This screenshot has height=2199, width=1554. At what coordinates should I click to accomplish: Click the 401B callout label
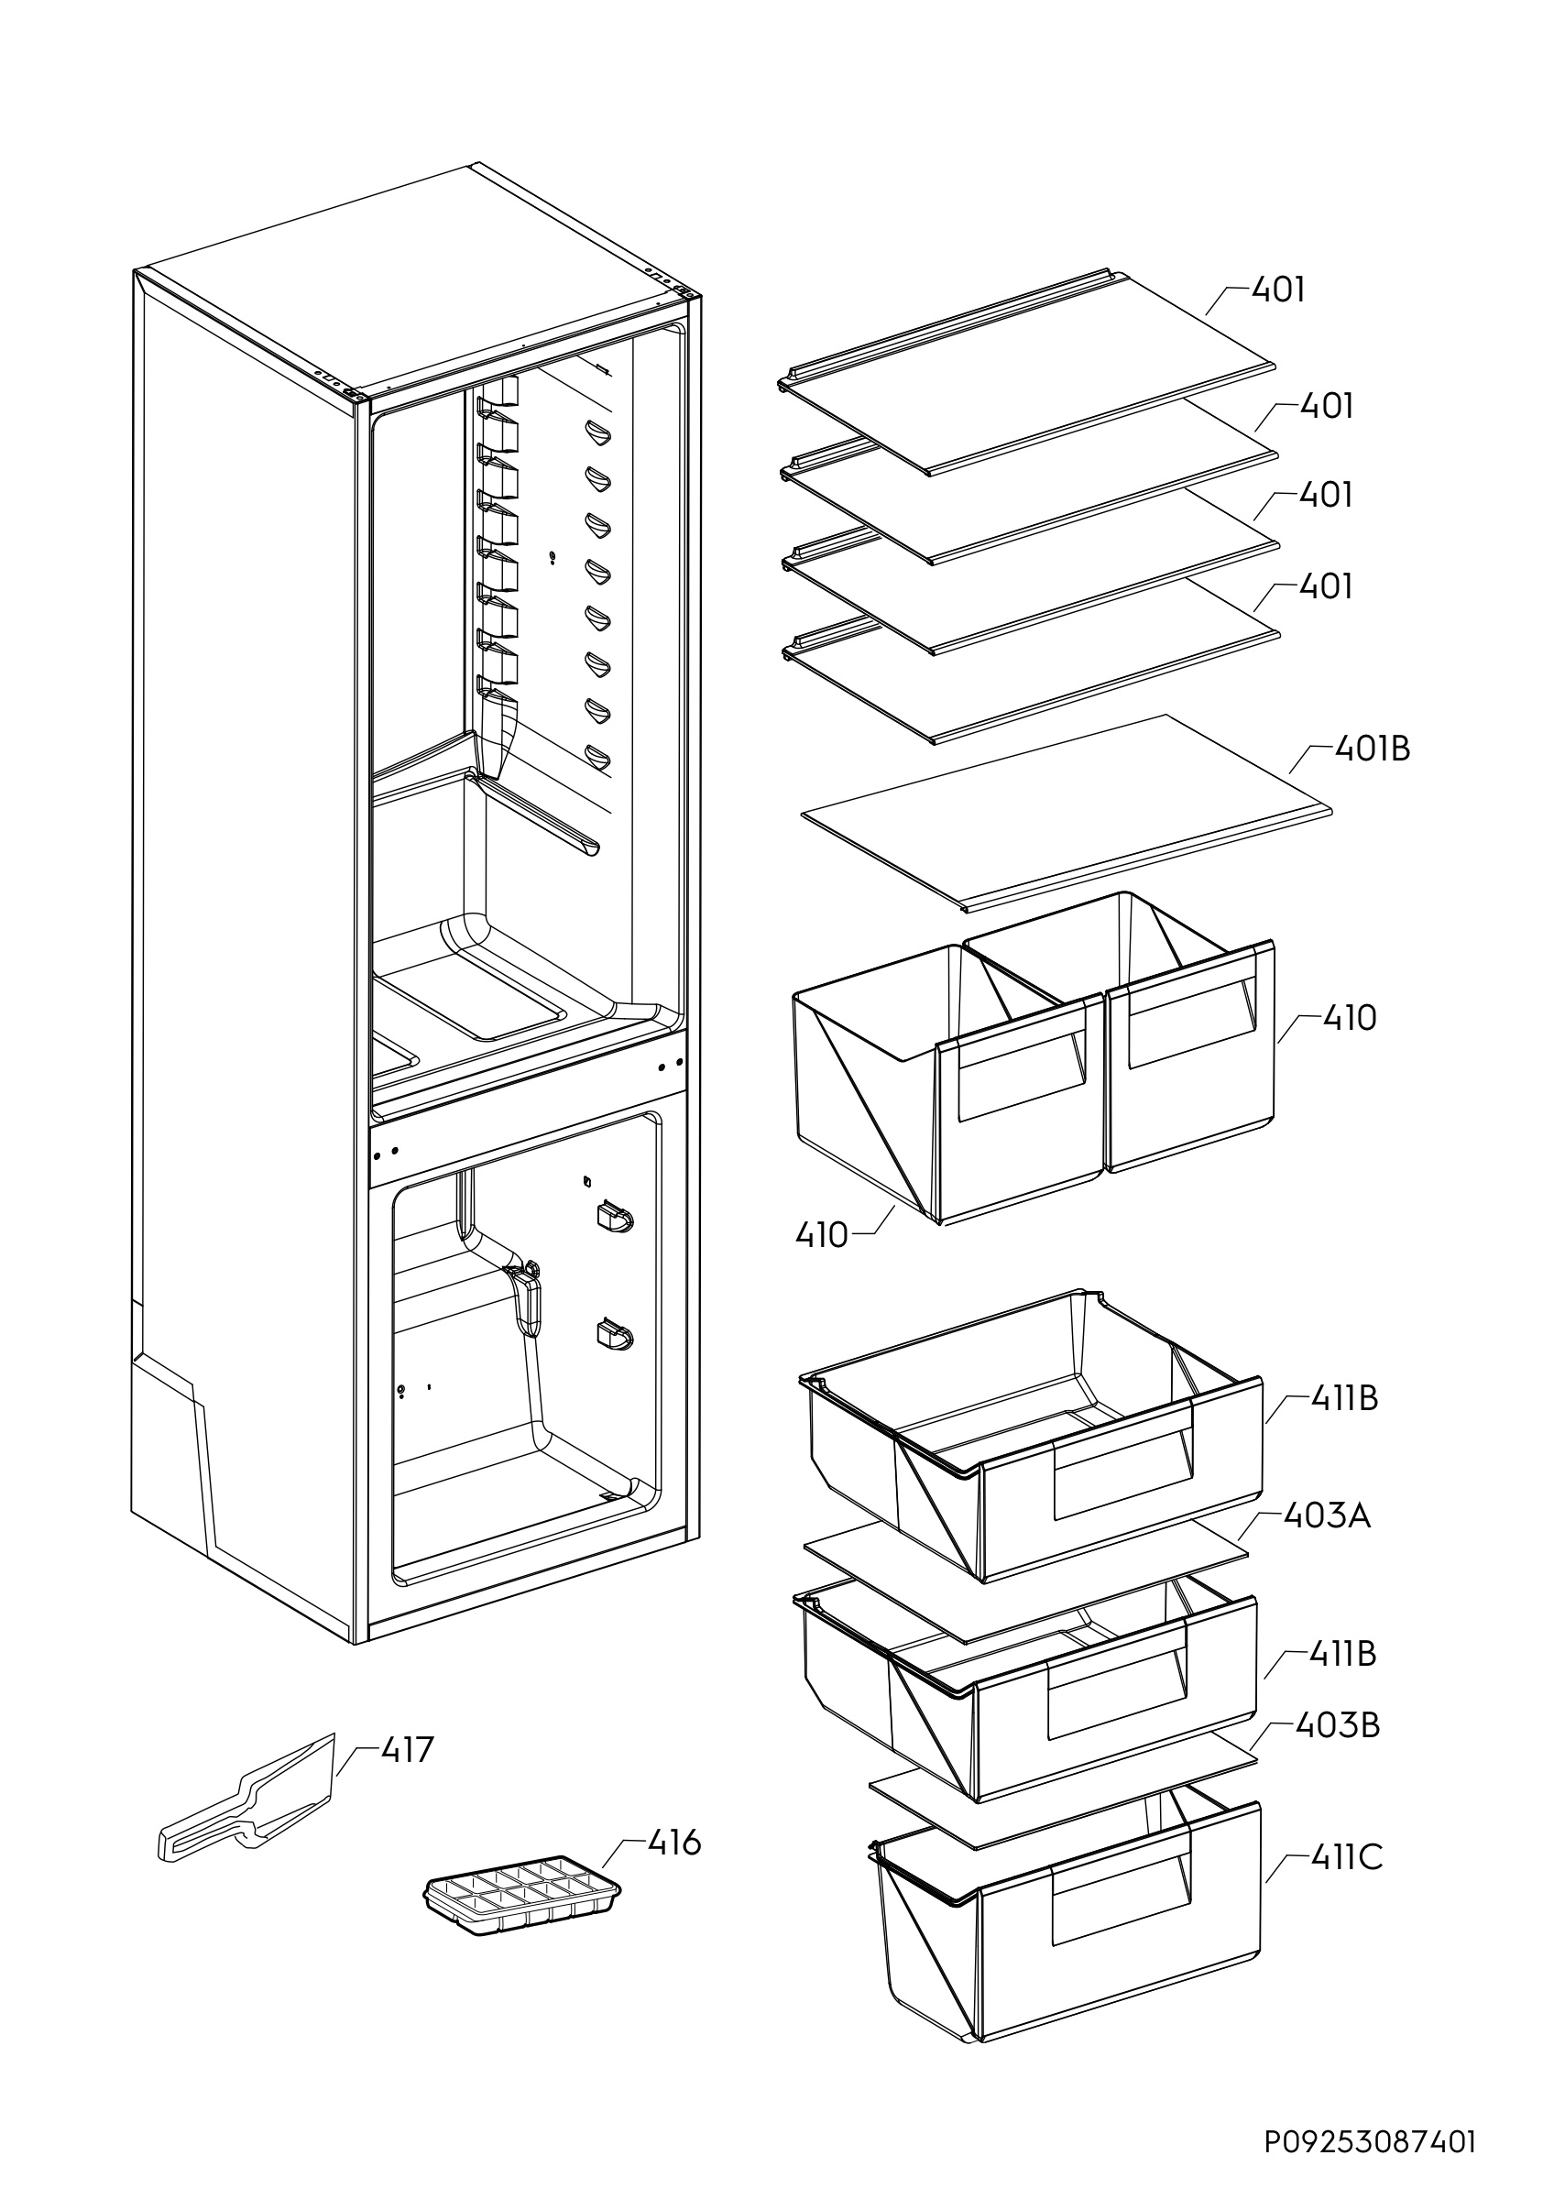coord(1371,749)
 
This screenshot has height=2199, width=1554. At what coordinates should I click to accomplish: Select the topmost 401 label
coord(1278,290)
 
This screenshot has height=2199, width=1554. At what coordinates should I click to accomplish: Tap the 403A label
coord(1326,1516)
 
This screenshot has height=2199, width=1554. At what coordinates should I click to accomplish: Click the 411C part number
coord(1346,1857)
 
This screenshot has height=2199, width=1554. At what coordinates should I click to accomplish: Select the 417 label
coord(407,1750)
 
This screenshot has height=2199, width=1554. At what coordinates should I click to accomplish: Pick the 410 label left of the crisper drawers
coord(822,1236)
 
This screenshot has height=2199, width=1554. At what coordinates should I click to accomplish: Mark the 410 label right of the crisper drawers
coord(1349,1018)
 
